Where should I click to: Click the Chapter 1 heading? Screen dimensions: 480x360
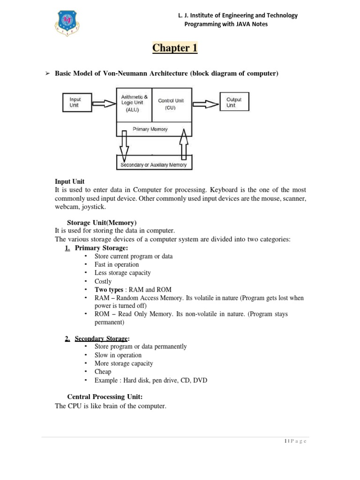pos(174,48)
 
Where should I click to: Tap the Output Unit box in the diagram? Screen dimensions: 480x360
pos(234,103)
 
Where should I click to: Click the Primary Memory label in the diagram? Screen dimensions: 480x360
pos(150,129)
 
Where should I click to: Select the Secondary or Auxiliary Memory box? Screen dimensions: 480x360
pos(154,165)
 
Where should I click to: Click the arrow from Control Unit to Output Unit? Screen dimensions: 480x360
pos(205,103)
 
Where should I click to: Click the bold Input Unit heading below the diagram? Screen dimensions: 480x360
pos(69,181)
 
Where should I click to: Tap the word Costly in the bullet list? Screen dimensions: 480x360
pos(103,281)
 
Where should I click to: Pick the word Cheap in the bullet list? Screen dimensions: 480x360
pos(103,372)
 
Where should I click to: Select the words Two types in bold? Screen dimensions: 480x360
pos(109,290)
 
